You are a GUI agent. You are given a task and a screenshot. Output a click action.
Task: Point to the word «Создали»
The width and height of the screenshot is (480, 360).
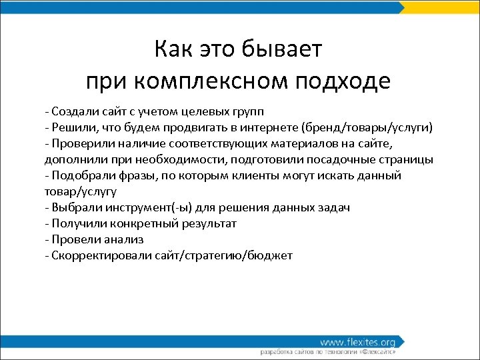(72, 110)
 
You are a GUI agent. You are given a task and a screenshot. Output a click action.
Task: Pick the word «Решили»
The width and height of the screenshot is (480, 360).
(71, 127)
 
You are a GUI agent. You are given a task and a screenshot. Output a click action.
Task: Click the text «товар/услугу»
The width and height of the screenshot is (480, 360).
(80, 191)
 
